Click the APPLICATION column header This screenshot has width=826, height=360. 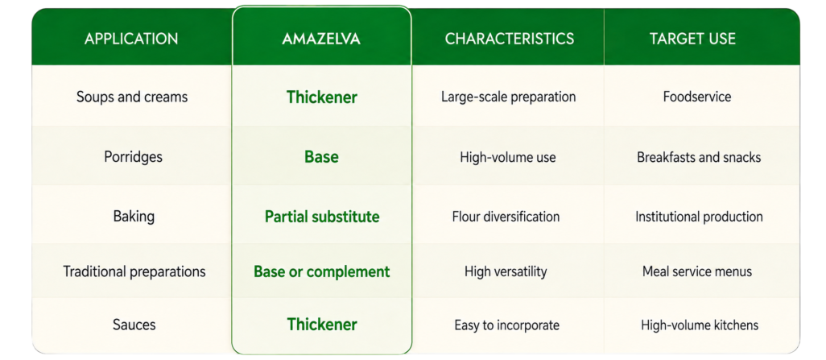coord(131,39)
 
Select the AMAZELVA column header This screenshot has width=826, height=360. coord(321,39)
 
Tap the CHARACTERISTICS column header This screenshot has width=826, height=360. coord(510,39)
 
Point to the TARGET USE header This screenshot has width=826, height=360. coord(692,39)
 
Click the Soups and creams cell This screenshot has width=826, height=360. coord(132,97)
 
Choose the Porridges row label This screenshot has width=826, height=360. coord(134,157)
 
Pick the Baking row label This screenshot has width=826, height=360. coord(134,217)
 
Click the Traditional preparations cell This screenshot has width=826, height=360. coord(134,271)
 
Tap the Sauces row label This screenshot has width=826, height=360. coord(134,324)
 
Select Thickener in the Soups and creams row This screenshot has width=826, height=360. coord(322,97)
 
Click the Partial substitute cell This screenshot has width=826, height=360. coord(322,217)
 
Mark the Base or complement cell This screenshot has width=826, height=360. coord(322,271)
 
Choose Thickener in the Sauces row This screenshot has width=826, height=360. coord(322,324)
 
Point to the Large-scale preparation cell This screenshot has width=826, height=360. coord(508,97)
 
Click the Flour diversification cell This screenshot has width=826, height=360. coord(506,217)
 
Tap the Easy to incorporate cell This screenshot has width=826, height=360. coord(506,325)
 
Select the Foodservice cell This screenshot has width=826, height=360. coord(698,97)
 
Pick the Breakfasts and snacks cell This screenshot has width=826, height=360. coord(699,157)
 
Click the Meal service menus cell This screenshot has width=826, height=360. coord(697,271)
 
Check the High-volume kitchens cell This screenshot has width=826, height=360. coord(700,325)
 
